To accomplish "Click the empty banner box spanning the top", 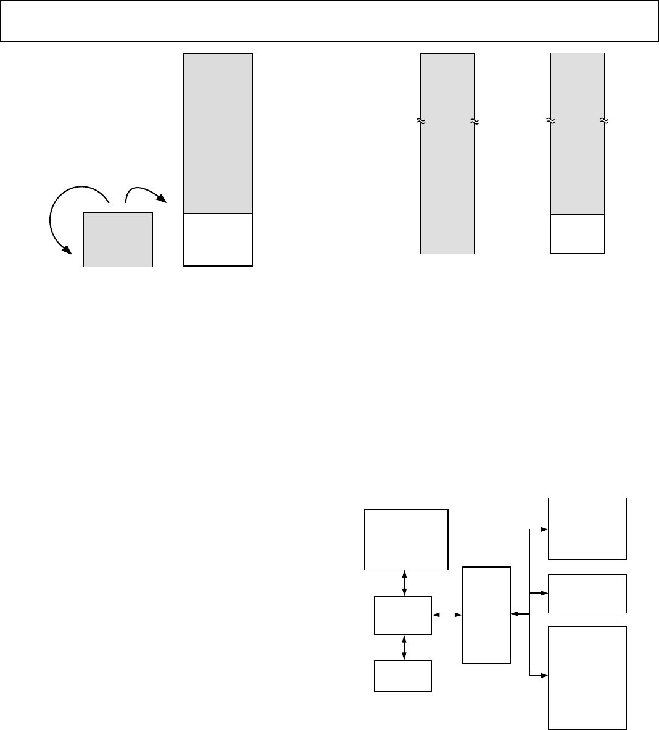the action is (x=329, y=20).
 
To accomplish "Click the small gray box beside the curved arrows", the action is (x=117, y=239).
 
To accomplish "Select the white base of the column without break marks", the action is (x=218, y=239).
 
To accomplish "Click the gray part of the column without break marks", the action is (x=218, y=133).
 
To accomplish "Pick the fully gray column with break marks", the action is (x=447, y=185).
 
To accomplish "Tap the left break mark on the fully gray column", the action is (x=421, y=122).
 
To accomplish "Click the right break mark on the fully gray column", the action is (x=474, y=122).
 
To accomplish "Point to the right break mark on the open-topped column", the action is (x=603, y=121).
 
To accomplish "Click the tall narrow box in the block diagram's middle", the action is (x=486, y=615).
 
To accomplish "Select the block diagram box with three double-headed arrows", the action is (x=403, y=615).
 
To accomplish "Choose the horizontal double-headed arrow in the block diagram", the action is (x=447, y=615).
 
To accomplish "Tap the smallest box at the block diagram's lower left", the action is (x=403, y=676).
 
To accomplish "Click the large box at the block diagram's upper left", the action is (x=406, y=539).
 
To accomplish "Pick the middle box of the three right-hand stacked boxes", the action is (x=587, y=594).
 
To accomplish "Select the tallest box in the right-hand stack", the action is (x=587, y=677).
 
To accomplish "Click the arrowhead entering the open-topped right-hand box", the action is (x=544, y=529).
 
